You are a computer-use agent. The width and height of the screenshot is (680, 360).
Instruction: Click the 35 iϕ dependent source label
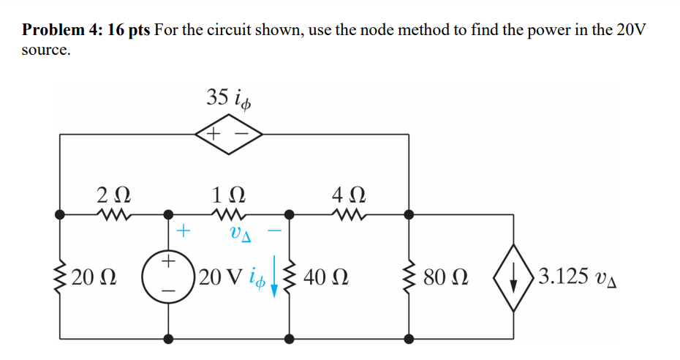pyautogui.click(x=230, y=98)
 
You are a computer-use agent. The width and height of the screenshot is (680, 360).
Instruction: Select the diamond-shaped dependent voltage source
pyautogui.click(x=229, y=135)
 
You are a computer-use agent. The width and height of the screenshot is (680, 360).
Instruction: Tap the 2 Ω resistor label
pyautogui.click(x=114, y=195)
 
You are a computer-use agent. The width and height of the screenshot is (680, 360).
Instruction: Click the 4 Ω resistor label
pyautogui.click(x=347, y=195)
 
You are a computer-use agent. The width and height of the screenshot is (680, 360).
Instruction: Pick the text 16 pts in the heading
pyautogui.click(x=129, y=31)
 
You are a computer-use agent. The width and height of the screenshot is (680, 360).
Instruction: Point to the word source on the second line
pyautogui.click(x=45, y=51)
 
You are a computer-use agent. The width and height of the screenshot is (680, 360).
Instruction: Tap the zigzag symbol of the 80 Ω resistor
pyautogui.click(x=409, y=277)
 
